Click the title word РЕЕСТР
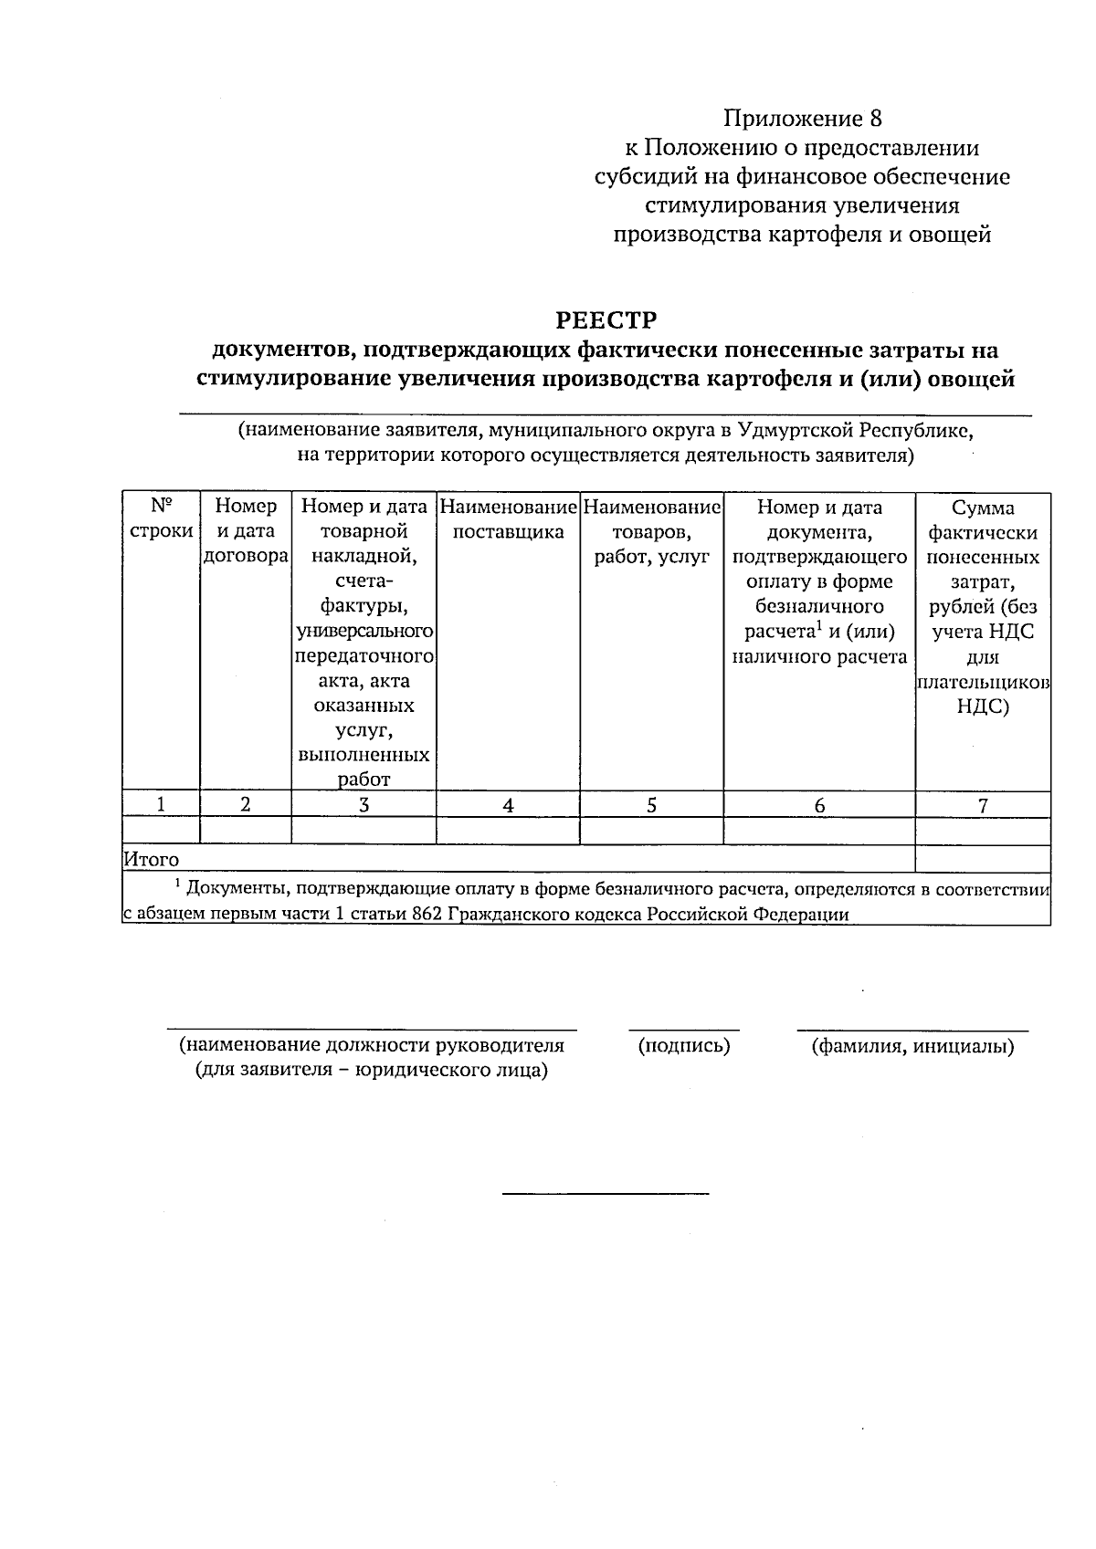(606, 320)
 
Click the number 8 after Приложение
(876, 119)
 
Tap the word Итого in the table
(152, 859)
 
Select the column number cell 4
(508, 805)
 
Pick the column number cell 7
(983, 805)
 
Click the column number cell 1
(161, 804)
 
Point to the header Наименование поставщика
(508, 518)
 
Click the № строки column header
(161, 518)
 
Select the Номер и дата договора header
(245, 530)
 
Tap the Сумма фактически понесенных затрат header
(983, 606)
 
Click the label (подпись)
(684, 1046)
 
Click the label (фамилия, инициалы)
(912, 1047)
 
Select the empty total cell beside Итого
(983, 859)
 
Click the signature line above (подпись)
(684, 1030)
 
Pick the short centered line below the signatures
(606, 1192)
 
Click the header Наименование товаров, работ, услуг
(651, 530)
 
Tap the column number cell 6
(819, 805)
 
